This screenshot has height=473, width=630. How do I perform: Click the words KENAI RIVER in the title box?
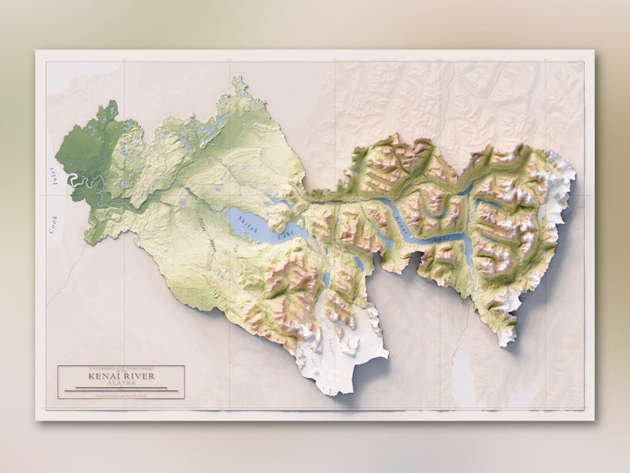(x=121, y=376)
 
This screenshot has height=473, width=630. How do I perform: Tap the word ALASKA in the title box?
(x=121, y=383)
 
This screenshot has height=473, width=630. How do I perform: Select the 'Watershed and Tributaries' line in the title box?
(x=121, y=369)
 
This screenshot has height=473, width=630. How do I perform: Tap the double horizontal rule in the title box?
(x=121, y=389)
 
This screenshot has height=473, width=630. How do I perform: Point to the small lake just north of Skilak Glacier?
(x=326, y=279)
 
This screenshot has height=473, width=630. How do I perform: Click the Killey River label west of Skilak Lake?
(x=202, y=230)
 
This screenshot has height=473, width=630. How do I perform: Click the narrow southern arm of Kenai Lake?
(x=467, y=252)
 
